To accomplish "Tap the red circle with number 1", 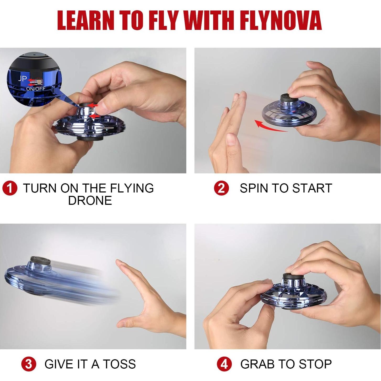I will point(10,188).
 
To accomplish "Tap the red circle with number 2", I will point(221,188).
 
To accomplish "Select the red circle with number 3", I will point(29,364).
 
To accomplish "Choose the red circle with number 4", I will point(224,364).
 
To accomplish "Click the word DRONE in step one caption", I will point(90,201).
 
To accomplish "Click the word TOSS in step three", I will point(119,364).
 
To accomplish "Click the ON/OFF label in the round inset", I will point(36,89).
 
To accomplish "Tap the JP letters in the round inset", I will point(22,78).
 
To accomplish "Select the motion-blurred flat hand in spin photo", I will point(231,126).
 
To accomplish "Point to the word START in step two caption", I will point(312,188).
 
